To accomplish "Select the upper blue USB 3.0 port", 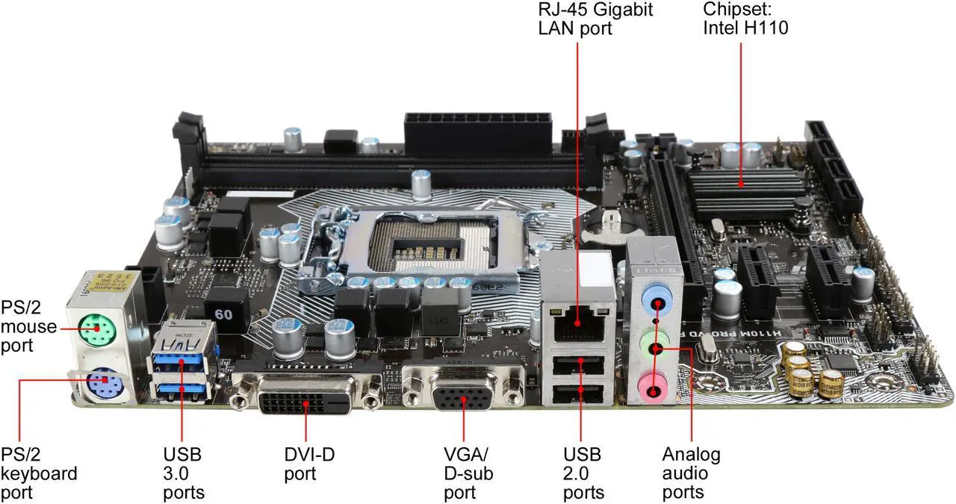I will point(180,361).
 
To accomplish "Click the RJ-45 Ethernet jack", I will point(578,320).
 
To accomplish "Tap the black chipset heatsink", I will point(739,187).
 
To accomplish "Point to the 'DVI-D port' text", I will point(309,464).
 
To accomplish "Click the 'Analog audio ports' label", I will point(691,473).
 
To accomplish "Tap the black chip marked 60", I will point(224,314).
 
